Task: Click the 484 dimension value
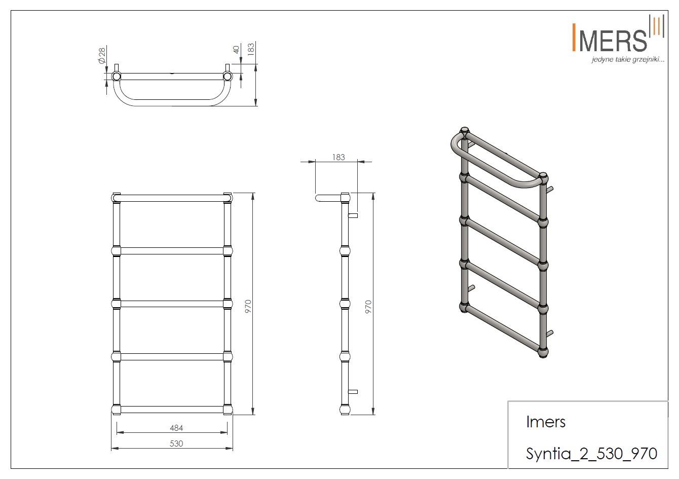[176, 428]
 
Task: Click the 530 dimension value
[176, 444]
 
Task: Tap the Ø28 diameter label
[102, 55]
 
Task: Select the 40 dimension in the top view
[237, 50]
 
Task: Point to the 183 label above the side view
[338, 157]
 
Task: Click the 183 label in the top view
[251, 49]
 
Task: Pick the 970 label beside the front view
[248, 306]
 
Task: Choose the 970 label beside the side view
[368, 307]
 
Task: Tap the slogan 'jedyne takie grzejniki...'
[628, 60]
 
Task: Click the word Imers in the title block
[546, 422]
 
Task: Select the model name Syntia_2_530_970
[591, 454]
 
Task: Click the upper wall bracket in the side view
[353, 215]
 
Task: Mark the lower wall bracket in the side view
[353, 392]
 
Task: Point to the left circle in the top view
[116, 76]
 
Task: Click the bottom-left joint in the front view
[116, 410]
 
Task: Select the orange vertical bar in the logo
[574, 38]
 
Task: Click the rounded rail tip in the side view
[317, 198]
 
